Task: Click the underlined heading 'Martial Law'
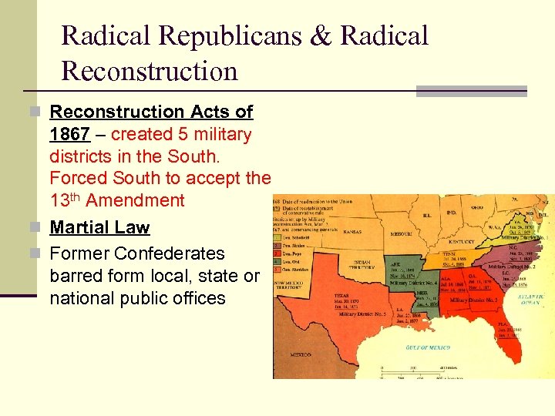[99, 227]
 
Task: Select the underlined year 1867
[69, 135]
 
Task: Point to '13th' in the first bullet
[64, 200]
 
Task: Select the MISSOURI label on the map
[403, 233]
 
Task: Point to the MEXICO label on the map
[301, 354]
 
